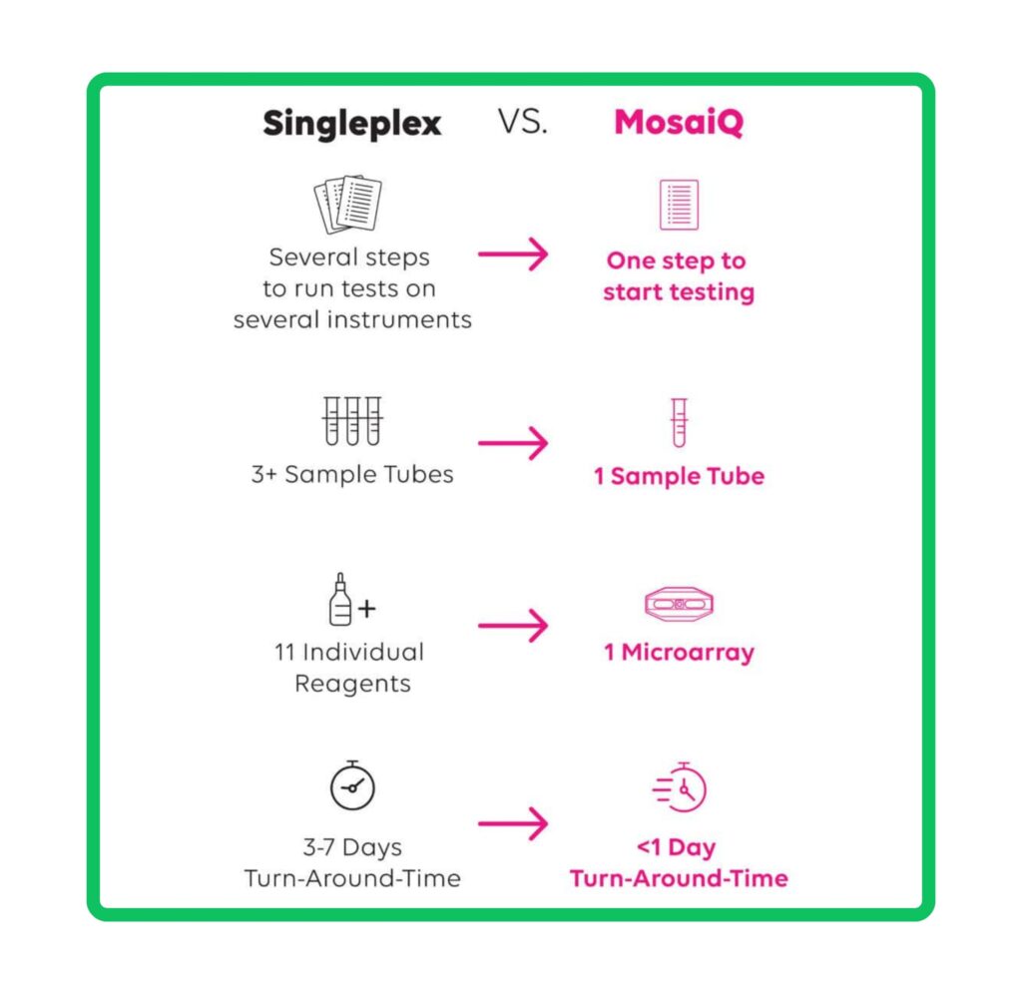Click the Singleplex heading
pos(352,124)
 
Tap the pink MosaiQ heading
pos(679,122)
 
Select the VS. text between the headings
pos(522,121)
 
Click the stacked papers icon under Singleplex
pos(348,204)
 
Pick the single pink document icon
pos(679,205)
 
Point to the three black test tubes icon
pos(352,420)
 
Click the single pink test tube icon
pos(679,422)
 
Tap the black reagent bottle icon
pos(339,600)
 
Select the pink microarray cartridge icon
pos(679,604)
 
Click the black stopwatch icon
pos(352,785)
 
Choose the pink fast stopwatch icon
pos(679,787)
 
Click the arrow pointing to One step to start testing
pos(513,253)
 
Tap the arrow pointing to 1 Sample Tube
pos(513,443)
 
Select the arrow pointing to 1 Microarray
pos(513,625)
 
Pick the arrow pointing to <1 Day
pos(513,823)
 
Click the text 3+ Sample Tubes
pos(352,474)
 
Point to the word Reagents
pos(352,684)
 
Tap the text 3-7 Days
pos(352,846)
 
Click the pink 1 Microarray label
pos(679,652)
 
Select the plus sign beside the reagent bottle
pos(367,608)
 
